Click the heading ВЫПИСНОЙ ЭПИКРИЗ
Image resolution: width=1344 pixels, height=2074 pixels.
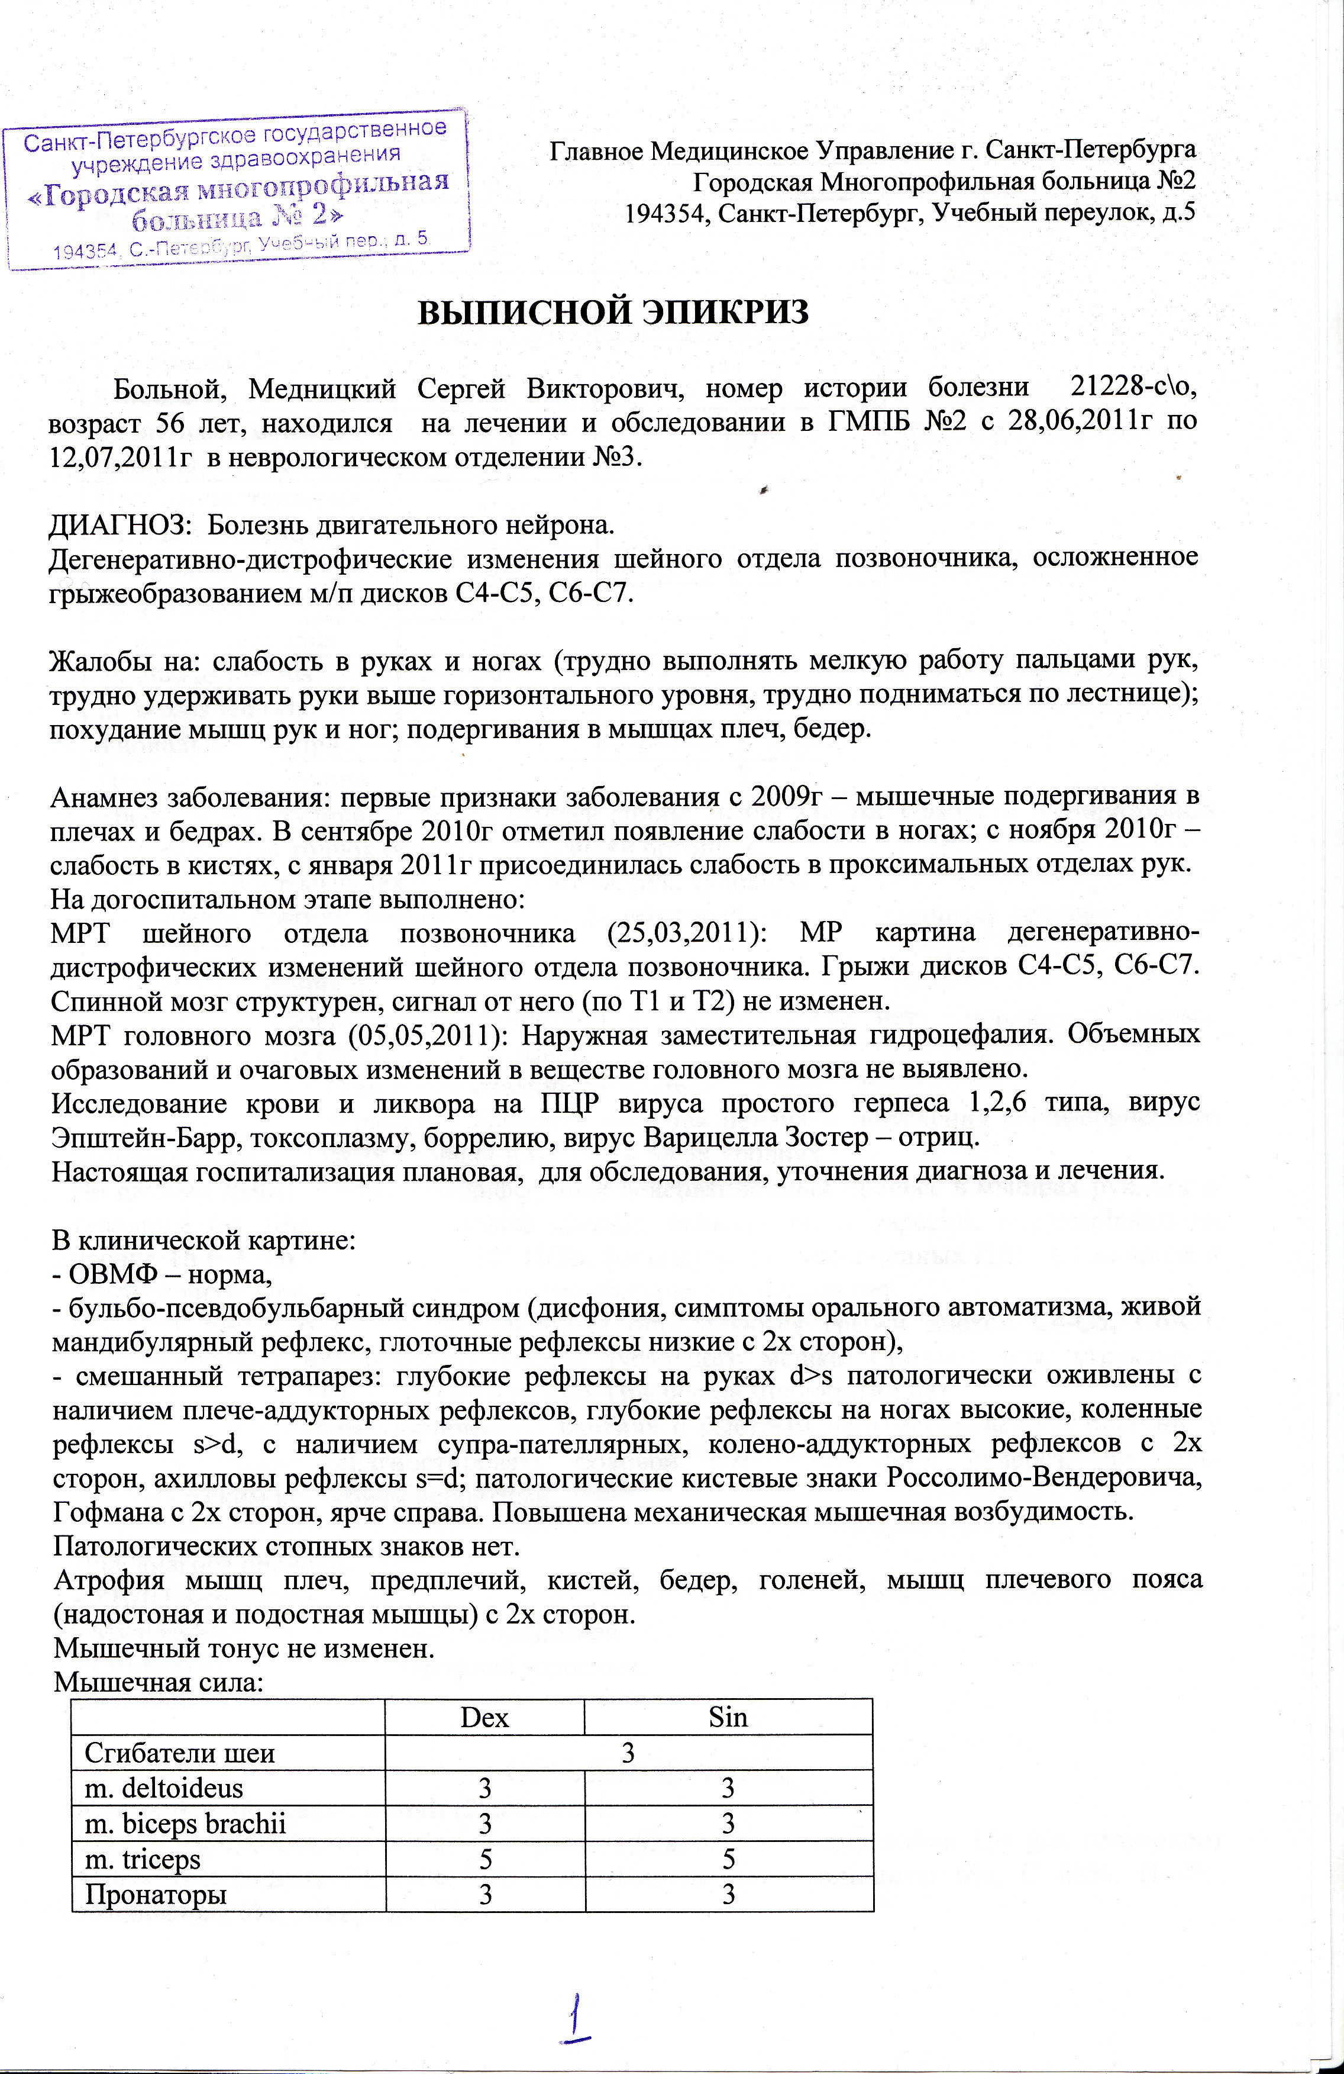pyautogui.click(x=614, y=312)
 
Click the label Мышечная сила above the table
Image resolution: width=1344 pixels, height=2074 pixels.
pyautogui.click(x=158, y=1683)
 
